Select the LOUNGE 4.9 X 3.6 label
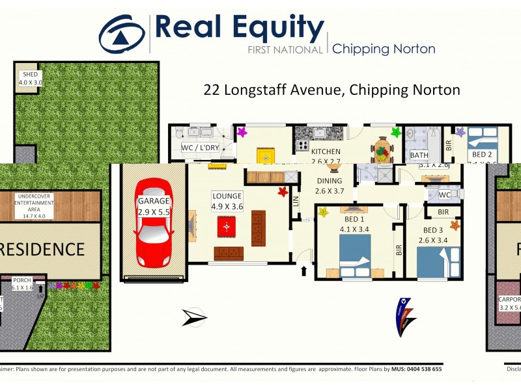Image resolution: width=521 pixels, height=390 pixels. [x=227, y=201]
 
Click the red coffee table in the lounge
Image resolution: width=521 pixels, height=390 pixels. [x=227, y=226]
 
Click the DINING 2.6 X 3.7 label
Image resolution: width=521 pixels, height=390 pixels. [x=329, y=187]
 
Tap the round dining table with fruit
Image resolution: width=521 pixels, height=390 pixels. [x=382, y=154]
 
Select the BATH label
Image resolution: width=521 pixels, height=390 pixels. [x=419, y=156]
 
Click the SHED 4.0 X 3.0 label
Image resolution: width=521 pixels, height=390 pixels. [x=29, y=79]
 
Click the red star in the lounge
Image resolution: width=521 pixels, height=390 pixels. [x=282, y=192]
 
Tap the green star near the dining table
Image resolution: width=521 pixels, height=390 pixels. [x=395, y=133]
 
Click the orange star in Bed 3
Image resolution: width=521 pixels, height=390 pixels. [x=455, y=226]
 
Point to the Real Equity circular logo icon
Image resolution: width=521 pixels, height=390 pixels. [x=122, y=35]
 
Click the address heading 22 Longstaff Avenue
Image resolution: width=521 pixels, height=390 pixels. [x=331, y=90]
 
